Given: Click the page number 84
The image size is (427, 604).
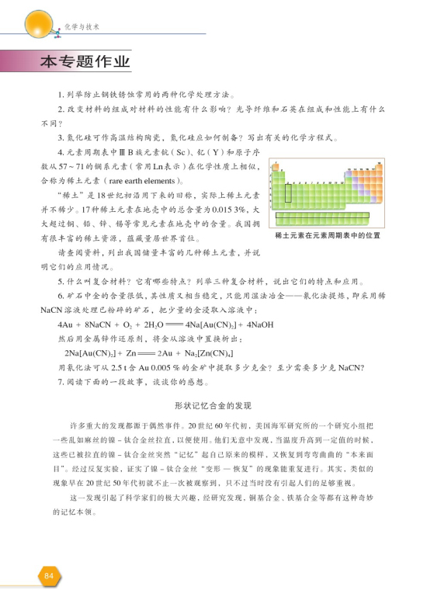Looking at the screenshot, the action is pos(48,575).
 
